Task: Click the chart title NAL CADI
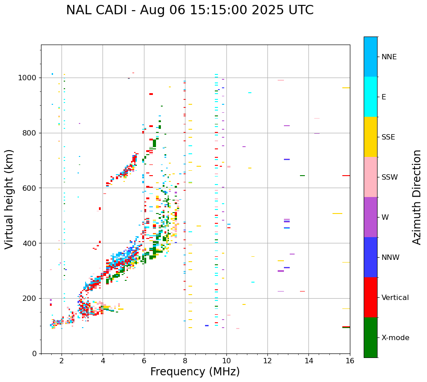tap(189, 10)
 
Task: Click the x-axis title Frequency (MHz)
tap(195, 372)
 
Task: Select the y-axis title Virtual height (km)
tap(9, 199)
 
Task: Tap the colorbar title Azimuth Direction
tap(417, 197)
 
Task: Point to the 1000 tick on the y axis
tap(29, 78)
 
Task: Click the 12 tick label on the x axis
tap(267, 361)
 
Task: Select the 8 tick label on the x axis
tap(185, 361)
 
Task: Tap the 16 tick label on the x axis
tap(350, 361)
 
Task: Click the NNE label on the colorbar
tap(389, 57)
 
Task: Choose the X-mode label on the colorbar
tap(395, 338)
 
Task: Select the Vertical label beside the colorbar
tap(395, 298)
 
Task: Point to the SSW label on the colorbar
tap(390, 177)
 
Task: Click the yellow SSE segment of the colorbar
tap(370, 137)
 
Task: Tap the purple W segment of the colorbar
tap(370, 217)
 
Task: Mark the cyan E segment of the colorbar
tap(370, 97)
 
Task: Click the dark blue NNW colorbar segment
tap(370, 257)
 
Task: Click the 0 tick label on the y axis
tap(35, 353)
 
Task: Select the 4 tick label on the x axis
tap(103, 361)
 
